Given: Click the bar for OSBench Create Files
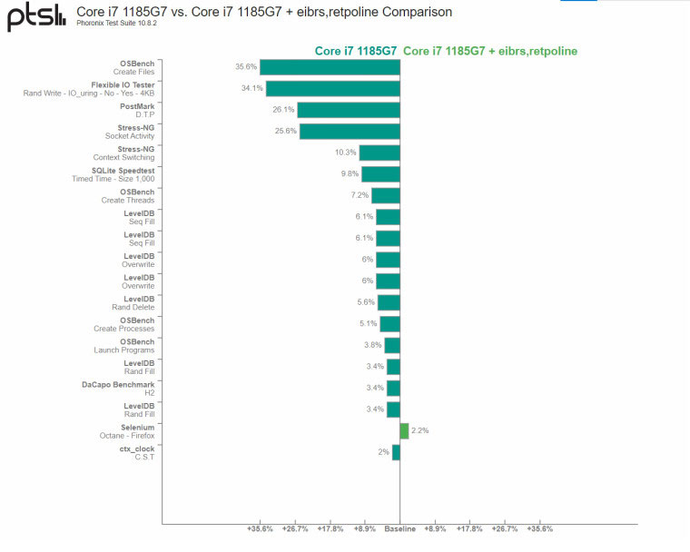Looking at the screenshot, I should pyautogui.click(x=330, y=66).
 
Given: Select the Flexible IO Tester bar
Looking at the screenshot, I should pyautogui.click(x=332, y=88).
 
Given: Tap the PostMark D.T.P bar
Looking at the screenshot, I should pyautogui.click(x=348, y=110).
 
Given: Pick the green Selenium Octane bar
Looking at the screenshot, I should pyautogui.click(x=404, y=430).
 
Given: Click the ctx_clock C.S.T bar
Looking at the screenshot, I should pyautogui.click(x=396, y=452).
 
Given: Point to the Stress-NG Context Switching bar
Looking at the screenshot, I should pyautogui.click(x=379, y=153).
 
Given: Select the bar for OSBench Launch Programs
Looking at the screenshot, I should pyautogui.click(x=391, y=345).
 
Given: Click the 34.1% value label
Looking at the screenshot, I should pyautogui.click(x=251, y=88).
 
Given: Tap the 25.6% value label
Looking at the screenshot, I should pyautogui.click(x=285, y=131).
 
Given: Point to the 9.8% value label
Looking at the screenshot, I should pyautogui.click(x=350, y=173).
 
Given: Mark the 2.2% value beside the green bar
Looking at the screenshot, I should pyautogui.click(x=419, y=430).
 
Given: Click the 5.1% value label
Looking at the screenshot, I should pyautogui.click(x=368, y=323).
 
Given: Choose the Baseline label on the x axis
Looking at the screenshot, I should pyautogui.click(x=399, y=528).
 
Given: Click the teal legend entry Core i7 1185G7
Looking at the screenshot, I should pyautogui.click(x=355, y=51).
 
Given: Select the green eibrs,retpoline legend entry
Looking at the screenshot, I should pyautogui.click(x=489, y=51).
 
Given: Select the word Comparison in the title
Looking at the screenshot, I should pyautogui.click(x=419, y=12).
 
